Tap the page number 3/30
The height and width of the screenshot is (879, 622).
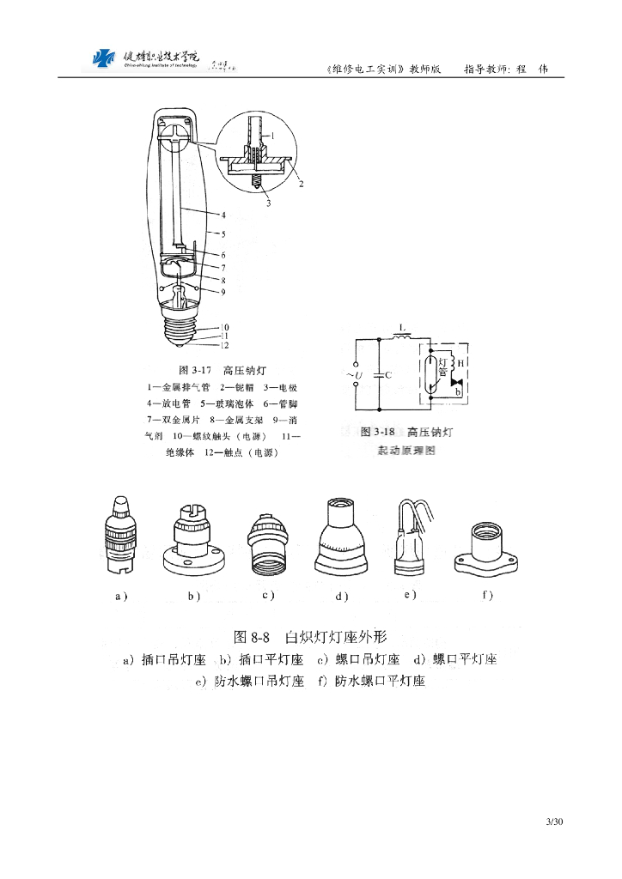554,822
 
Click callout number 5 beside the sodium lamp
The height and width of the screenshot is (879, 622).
223,233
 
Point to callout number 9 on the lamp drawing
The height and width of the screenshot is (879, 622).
223,292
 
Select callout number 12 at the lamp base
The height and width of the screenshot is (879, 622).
223,345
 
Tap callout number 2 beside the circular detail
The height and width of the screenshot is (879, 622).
302,183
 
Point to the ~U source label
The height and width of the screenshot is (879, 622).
354,376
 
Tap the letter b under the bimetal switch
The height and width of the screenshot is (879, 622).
458,392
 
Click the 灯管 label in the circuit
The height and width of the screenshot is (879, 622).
443,368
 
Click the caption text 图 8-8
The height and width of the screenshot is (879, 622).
253,637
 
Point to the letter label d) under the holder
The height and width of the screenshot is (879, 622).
342,597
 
